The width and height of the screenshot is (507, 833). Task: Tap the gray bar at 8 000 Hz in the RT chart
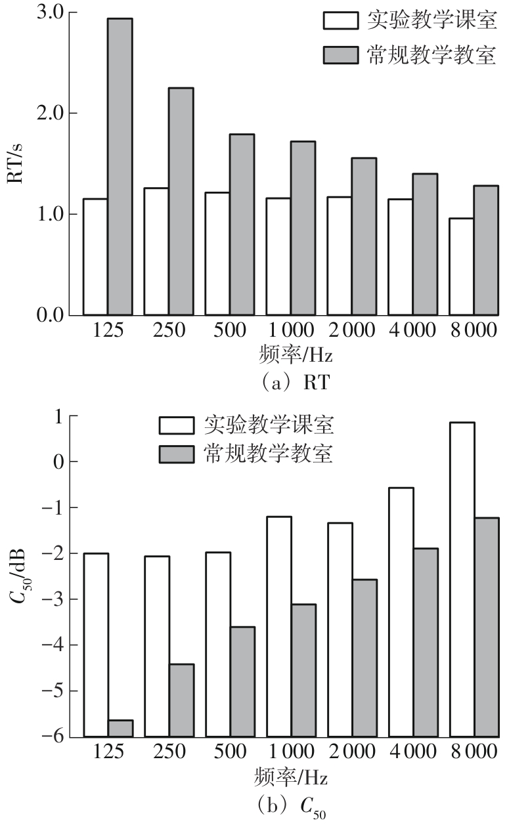pyautogui.click(x=486, y=250)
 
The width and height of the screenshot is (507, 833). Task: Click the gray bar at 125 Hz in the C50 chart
pyautogui.click(x=120, y=729)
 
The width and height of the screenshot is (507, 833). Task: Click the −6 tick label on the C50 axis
pyautogui.click(x=55, y=737)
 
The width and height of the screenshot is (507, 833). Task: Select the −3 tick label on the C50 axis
pyautogui.click(x=55, y=599)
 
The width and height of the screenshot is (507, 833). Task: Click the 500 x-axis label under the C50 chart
pyautogui.click(x=230, y=752)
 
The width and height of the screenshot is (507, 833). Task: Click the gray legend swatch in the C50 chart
pyautogui.click(x=177, y=454)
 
